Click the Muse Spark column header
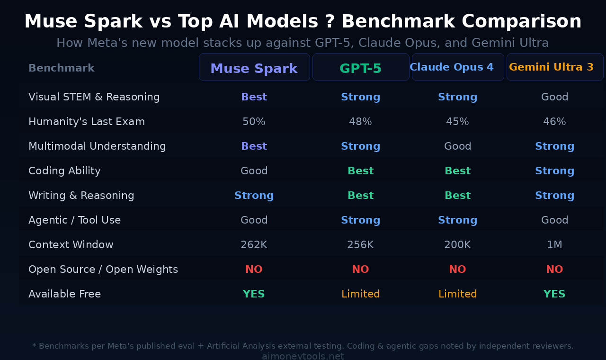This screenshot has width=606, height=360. pos(254,68)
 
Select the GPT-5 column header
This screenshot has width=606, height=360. pos(360,68)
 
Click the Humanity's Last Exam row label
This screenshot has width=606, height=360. pos(87,122)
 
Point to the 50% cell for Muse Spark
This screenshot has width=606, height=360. pos(254,122)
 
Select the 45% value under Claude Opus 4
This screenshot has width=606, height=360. pos(457,122)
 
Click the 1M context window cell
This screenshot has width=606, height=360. pos(554,245)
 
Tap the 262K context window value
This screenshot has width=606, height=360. pos(254,245)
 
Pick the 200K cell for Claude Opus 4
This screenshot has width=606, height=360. pos(457,245)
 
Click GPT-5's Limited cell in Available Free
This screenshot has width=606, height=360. pos(360,294)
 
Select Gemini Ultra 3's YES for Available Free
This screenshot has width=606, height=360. pos(554,294)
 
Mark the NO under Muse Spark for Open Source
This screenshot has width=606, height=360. pos(254,270)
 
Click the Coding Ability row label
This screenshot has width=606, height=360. pos(64,171)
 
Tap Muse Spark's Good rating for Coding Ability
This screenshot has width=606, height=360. pos(254,171)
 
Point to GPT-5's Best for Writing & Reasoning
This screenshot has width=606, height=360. pos(360,196)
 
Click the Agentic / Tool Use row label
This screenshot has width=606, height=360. pos(75,220)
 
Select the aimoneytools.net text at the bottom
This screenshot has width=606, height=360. pos(303,356)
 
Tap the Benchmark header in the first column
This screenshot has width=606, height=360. pos(62,68)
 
